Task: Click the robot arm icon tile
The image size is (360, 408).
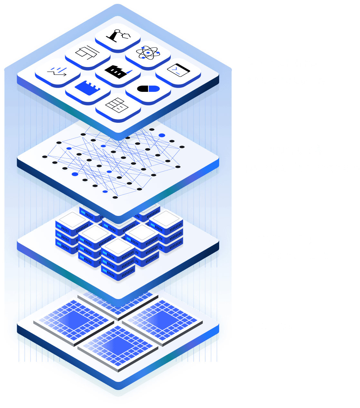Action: coord(118,35)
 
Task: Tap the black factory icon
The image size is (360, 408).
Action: coord(118,71)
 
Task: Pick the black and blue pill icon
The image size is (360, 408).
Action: coord(148,89)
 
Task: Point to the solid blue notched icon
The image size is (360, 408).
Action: coord(88,87)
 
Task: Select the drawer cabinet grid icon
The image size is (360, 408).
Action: coord(118,105)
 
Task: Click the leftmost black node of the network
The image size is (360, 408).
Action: coord(45,157)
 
